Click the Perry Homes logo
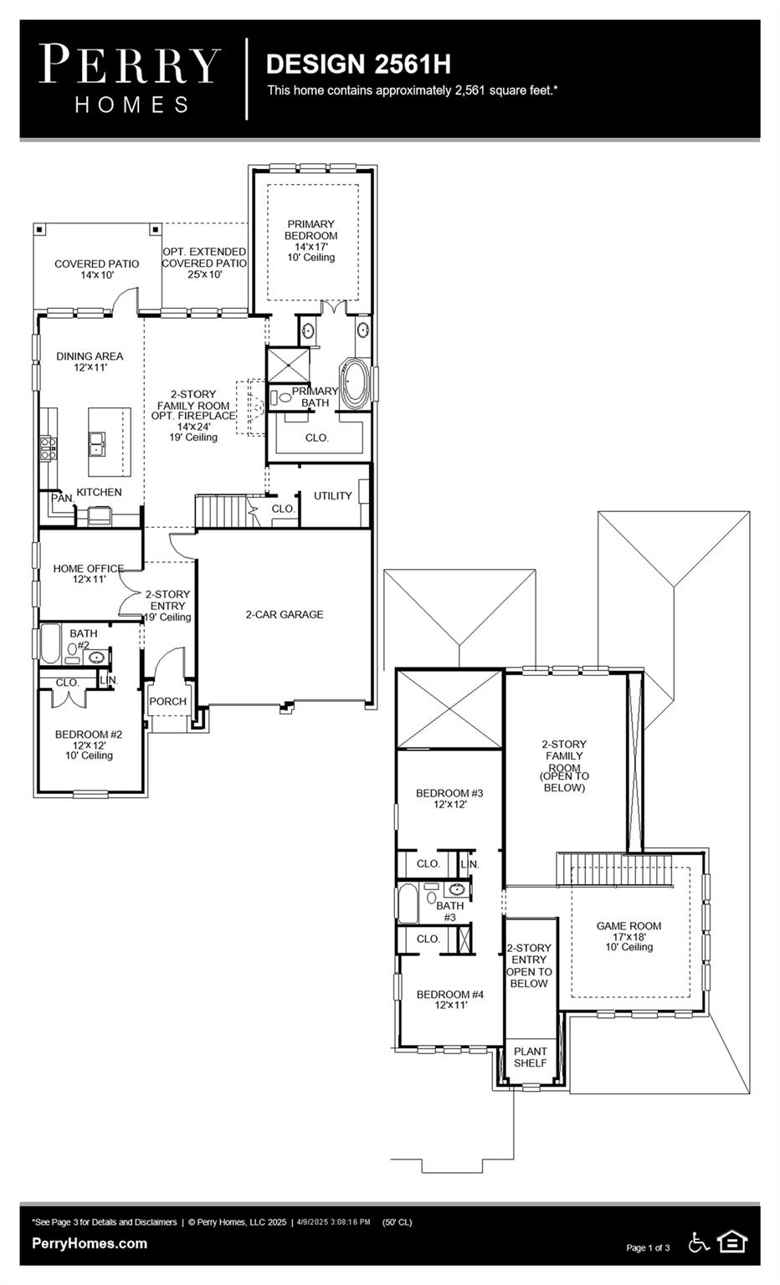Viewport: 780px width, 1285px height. [130, 79]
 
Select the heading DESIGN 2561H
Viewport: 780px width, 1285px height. [358, 64]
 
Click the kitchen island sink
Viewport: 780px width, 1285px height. [99, 441]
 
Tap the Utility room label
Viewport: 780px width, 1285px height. [332, 496]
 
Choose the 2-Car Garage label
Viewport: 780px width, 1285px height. [284, 614]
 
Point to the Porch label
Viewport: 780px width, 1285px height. [167, 701]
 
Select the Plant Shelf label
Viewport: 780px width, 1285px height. [530, 1057]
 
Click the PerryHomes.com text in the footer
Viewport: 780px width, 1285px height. [90, 1243]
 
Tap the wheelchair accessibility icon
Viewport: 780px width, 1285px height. [699, 1242]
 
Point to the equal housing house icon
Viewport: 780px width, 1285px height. [732, 1241]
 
